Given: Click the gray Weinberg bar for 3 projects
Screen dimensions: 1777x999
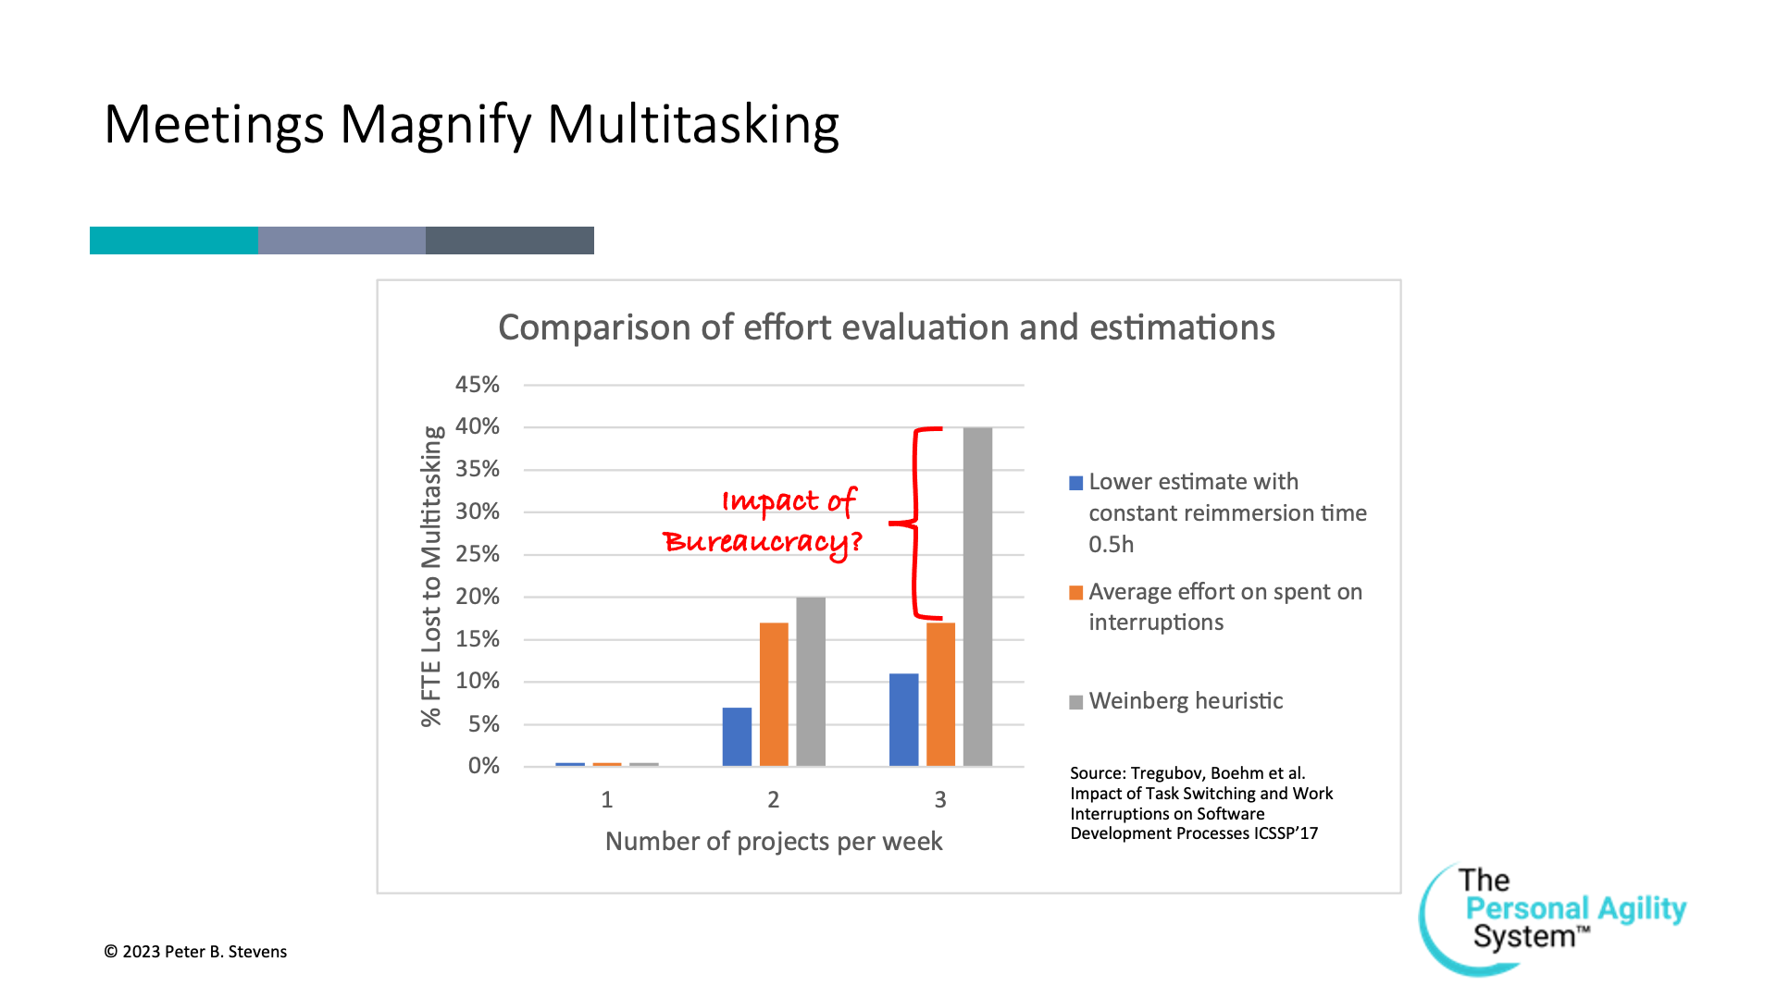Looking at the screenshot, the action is click(977, 597).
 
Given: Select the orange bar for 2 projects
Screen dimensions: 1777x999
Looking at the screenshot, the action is click(774, 695).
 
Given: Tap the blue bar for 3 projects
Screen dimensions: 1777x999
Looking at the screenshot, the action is click(904, 720).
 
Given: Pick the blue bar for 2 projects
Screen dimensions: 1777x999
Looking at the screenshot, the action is click(737, 737).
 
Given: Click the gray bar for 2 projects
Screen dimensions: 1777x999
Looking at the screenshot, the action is click(811, 682).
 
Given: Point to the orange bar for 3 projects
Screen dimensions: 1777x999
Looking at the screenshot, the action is click(940, 695).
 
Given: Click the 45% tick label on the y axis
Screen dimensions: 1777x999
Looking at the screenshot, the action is click(477, 384).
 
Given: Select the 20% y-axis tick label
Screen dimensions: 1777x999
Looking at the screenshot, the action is click(477, 597).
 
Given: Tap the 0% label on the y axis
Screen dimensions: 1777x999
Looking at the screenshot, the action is click(483, 766).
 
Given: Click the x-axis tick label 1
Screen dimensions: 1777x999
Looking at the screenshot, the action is click(607, 799).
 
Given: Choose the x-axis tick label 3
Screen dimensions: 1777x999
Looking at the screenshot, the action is click(940, 799).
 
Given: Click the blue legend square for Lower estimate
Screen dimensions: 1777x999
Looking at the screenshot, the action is click(1076, 483).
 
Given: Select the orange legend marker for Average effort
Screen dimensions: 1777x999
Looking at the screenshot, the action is click(1076, 593).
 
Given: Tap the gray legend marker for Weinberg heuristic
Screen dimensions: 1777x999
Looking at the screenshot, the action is click(1076, 702).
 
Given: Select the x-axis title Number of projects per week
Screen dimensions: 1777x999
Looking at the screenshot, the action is click(774, 842).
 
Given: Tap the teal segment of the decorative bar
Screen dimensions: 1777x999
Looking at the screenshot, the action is click(174, 240).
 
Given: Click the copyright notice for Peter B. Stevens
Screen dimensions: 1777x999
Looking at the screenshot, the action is click(195, 952).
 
